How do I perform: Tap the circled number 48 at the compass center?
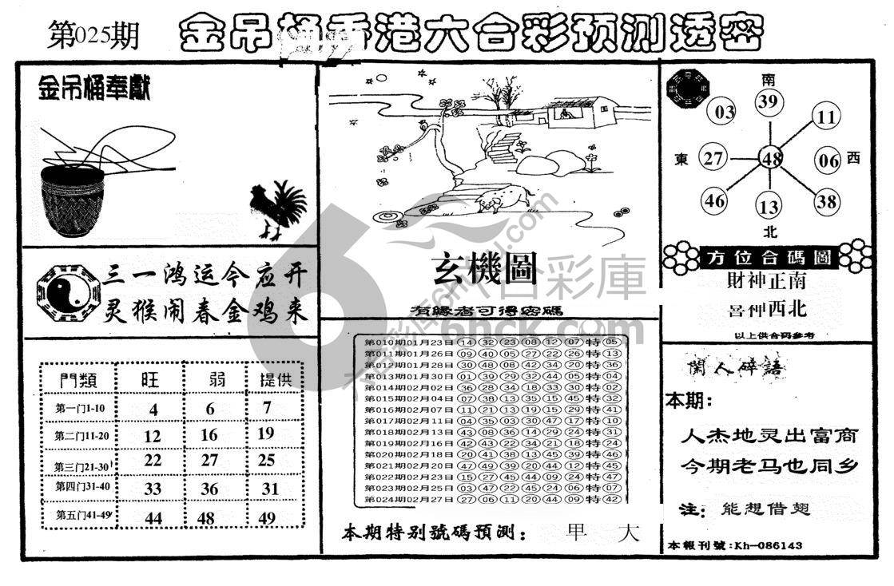771,159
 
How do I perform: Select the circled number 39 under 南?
769,101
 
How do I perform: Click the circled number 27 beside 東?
713,158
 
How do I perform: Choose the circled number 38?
827,202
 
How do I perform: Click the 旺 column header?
150,380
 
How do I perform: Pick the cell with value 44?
152,518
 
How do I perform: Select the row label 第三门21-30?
80,465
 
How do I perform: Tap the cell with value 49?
267,518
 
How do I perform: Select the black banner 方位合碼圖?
768,257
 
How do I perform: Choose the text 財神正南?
766,281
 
